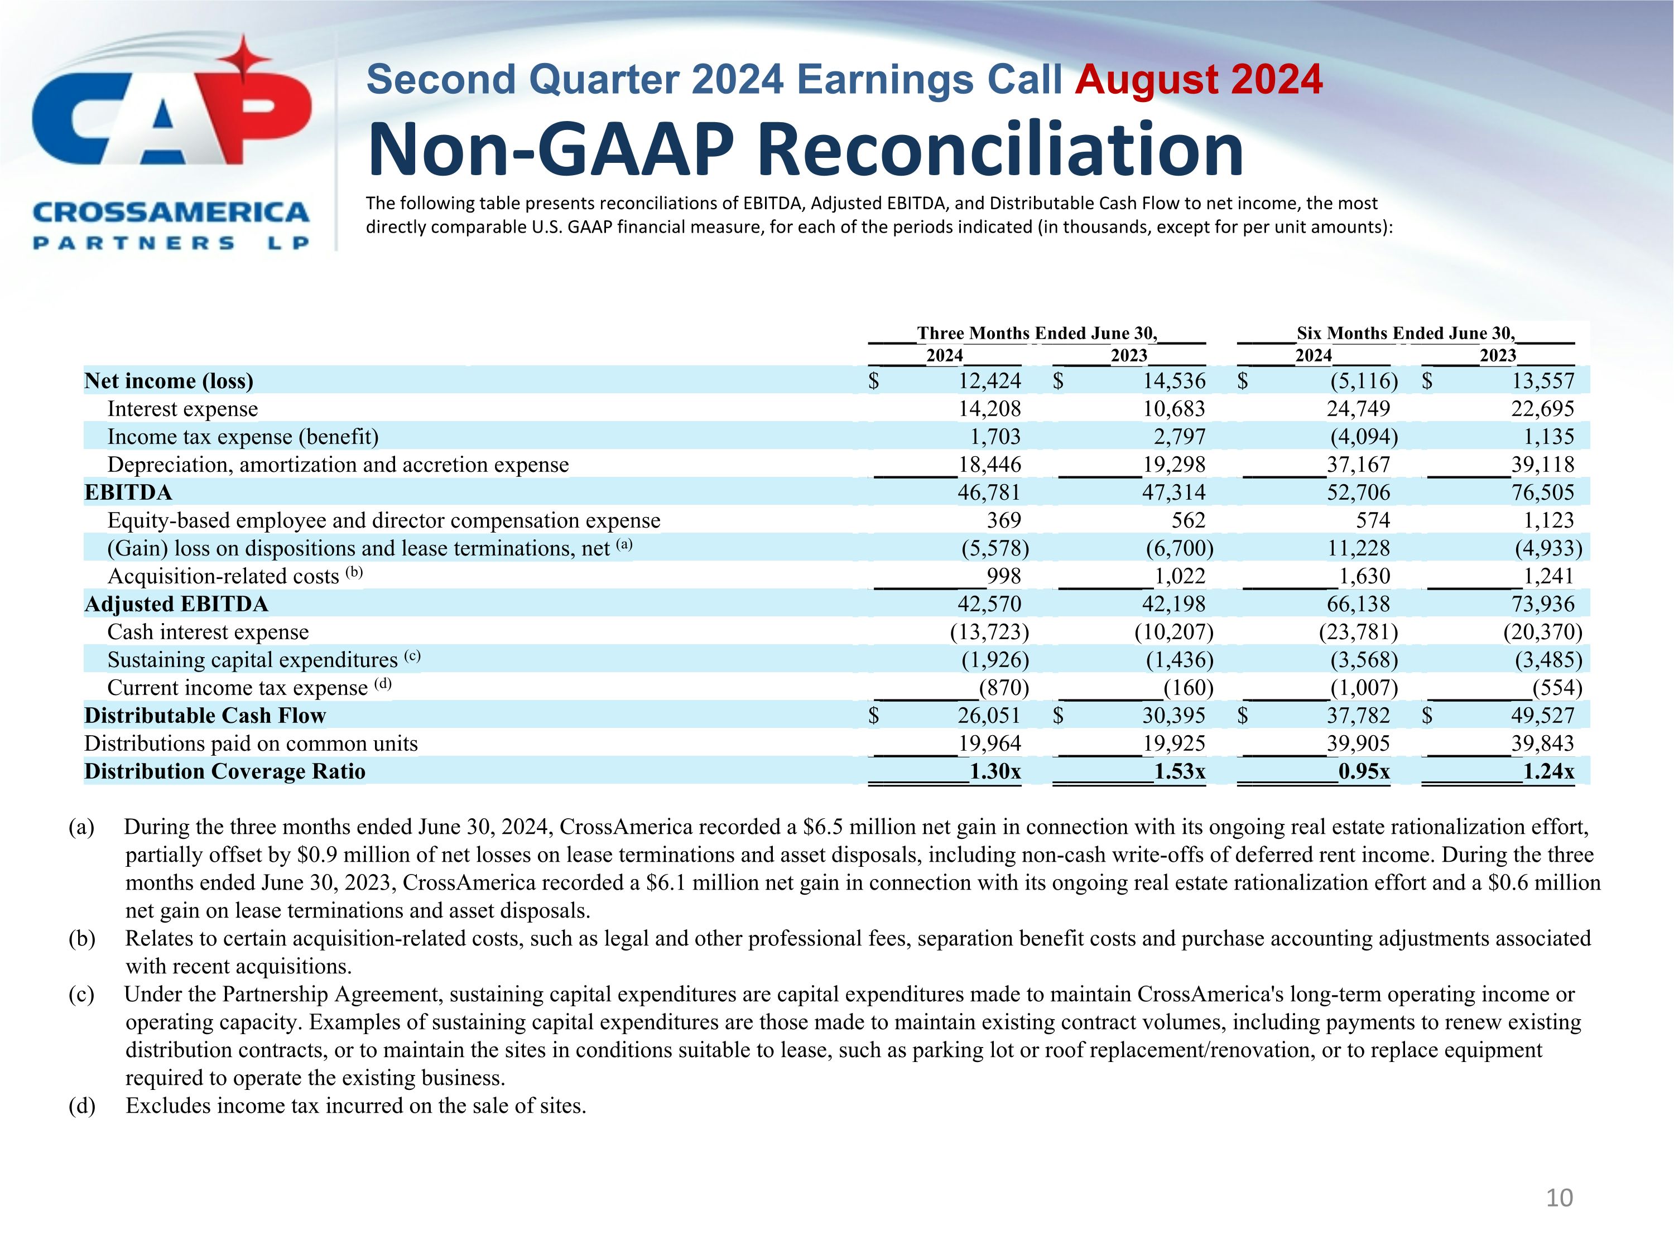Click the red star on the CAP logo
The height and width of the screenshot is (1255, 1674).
244,59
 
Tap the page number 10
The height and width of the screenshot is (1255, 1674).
1559,1198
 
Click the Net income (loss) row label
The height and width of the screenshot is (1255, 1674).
169,380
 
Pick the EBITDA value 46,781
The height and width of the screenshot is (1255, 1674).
989,493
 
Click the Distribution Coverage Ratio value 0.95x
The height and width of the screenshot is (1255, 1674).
1363,771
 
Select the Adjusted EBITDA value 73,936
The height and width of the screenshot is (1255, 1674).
1542,604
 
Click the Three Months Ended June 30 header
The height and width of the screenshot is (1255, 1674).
1037,333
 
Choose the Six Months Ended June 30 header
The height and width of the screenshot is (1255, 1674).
1406,333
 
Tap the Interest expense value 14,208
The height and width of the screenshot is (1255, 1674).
989,408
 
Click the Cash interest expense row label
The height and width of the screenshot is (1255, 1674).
208,631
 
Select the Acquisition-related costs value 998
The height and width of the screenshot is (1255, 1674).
1003,576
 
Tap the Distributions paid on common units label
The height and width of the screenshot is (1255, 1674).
251,744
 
